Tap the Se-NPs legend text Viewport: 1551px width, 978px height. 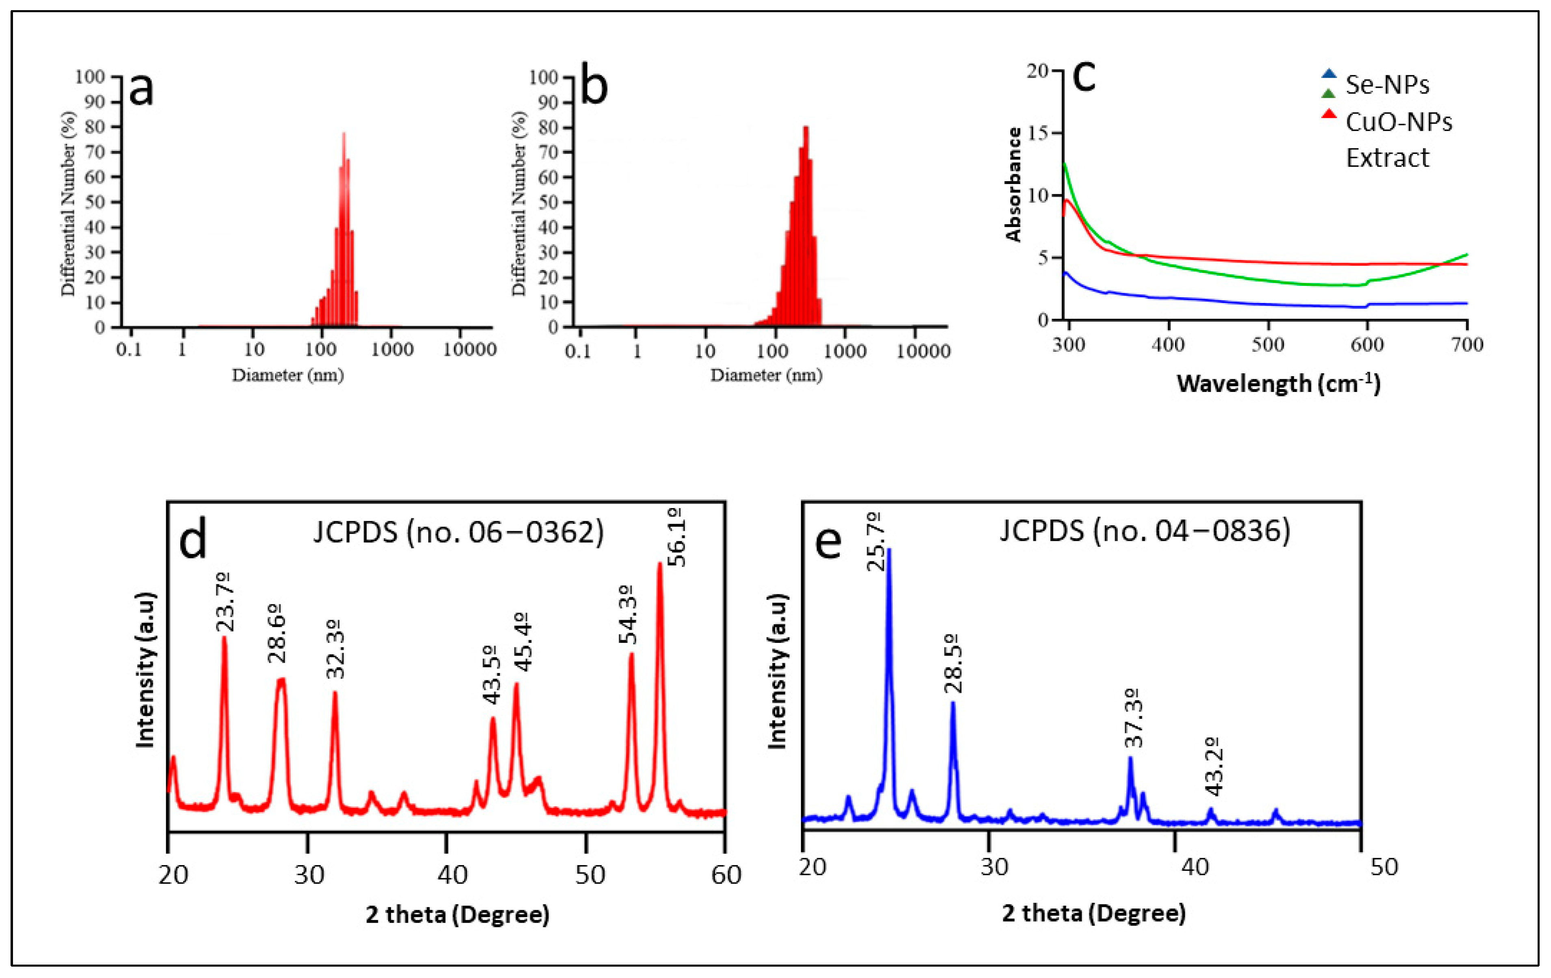(x=1387, y=84)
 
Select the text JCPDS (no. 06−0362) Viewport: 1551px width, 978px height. (x=458, y=532)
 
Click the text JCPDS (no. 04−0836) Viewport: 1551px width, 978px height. (x=1145, y=531)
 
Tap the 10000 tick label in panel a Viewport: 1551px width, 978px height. (x=469, y=350)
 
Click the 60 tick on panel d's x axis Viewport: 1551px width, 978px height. (x=726, y=875)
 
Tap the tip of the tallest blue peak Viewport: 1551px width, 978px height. (x=889, y=550)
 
